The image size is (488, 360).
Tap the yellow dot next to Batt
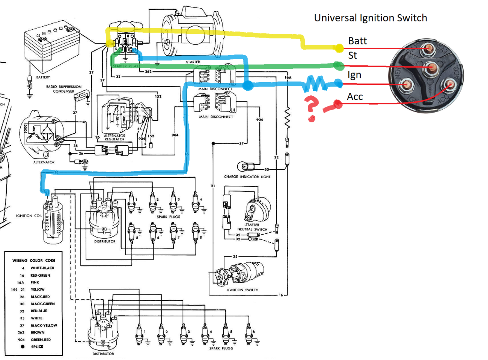click(339, 48)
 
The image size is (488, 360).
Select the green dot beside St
click(339, 66)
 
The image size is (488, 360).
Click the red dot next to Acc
click(337, 104)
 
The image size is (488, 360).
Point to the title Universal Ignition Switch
click(371, 18)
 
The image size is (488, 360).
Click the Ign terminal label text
click(354, 75)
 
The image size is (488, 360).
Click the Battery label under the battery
click(43, 77)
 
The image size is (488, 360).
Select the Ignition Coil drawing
click(52, 221)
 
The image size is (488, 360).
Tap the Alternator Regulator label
click(114, 137)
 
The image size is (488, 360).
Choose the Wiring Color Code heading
click(34, 260)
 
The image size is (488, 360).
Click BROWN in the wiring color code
click(38, 332)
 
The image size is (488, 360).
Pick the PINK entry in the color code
click(35, 282)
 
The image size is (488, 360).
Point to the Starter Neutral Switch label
click(252, 227)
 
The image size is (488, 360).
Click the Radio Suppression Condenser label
click(63, 89)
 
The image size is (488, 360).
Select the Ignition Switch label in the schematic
click(242, 290)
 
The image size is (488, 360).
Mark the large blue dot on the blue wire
click(247, 86)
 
